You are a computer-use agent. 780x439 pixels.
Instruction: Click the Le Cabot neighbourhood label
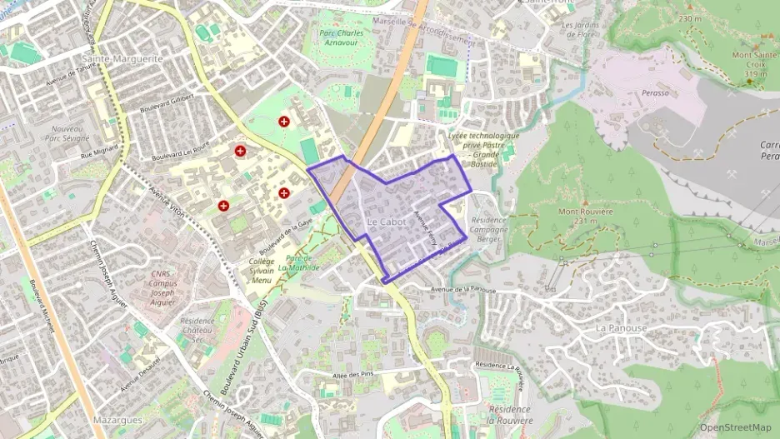tap(386, 222)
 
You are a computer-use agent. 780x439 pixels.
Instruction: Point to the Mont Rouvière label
tap(586, 216)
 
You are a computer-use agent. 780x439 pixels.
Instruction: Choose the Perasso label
tap(655, 92)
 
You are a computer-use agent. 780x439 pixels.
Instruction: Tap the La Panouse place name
tap(621, 327)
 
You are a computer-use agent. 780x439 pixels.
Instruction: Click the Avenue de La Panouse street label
tap(463, 290)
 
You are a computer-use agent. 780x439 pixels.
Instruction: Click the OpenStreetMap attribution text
tap(735, 427)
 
